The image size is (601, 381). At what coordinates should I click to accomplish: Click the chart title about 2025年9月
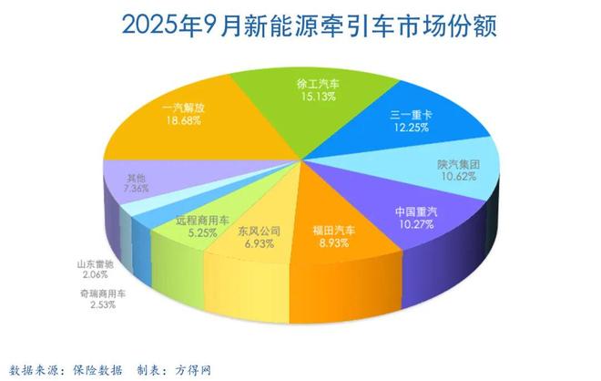[x=300, y=25]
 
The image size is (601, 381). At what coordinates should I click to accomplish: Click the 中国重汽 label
[x=417, y=212]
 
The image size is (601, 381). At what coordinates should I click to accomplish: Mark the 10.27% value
[x=417, y=225]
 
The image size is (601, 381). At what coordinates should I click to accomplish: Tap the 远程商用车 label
[x=197, y=220]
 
